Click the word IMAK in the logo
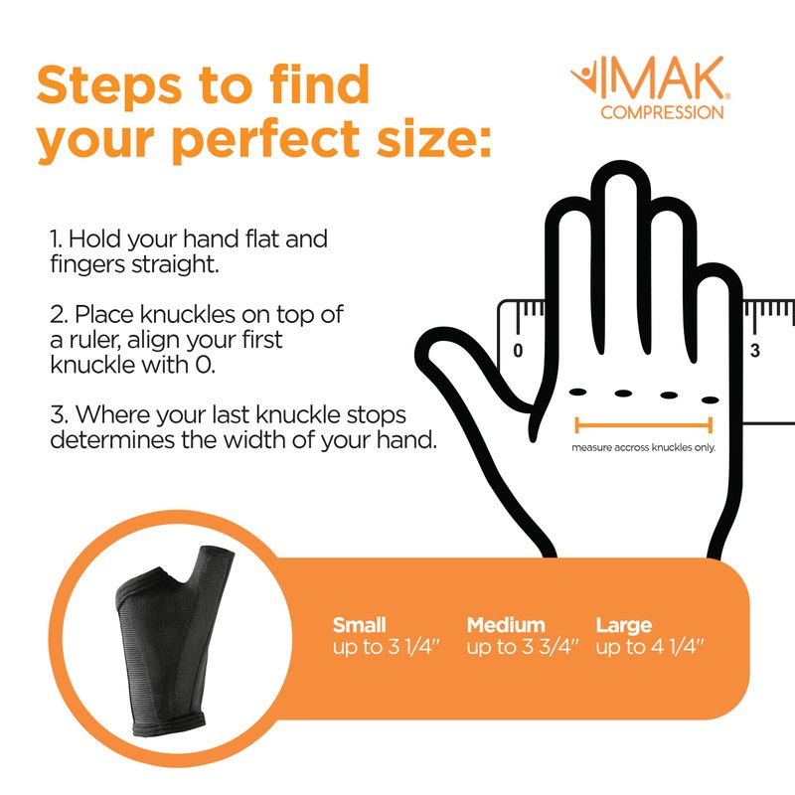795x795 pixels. [x=663, y=78]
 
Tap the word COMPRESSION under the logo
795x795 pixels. [x=662, y=112]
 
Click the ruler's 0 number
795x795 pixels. [x=518, y=350]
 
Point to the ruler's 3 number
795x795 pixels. [x=755, y=350]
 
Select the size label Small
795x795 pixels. [x=359, y=625]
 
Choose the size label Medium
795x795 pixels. [x=506, y=625]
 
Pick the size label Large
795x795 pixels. [x=624, y=626]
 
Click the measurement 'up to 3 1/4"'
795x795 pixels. [x=386, y=647]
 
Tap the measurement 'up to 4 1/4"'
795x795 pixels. [x=650, y=647]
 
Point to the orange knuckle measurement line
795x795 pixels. [x=643, y=425]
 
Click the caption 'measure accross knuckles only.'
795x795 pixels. [x=643, y=447]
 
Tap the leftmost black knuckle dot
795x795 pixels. [x=577, y=392]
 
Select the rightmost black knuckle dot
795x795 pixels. [x=711, y=400]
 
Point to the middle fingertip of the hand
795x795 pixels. [x=620, y=170]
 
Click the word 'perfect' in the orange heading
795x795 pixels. [x=266, y=140]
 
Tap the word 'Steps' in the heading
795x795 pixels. [x=109, y=86]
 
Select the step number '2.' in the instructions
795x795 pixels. [x=59, y=315]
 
